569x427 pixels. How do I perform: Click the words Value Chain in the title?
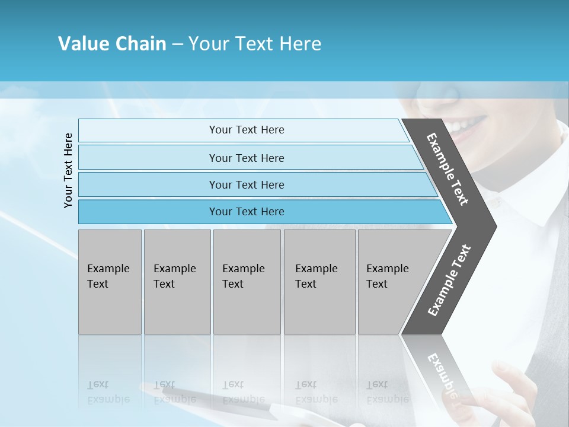pos(112,44)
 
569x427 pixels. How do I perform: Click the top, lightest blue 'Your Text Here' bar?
pos(247,130)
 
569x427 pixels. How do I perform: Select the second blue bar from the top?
pos(247,158)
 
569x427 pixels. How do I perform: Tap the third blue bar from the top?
pos(247,184)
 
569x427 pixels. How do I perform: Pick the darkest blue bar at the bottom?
pos(247,212)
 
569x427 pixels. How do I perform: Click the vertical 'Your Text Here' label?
pos(68,170)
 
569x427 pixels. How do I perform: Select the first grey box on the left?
pos(110,282)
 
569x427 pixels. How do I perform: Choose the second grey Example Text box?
pos(177,282)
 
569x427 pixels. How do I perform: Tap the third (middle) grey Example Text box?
pos(247,282)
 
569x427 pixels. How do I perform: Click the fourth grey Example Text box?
pos(319,282)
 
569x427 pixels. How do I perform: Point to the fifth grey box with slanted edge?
pos(391,282)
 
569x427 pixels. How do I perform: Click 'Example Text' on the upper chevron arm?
pos(447,169)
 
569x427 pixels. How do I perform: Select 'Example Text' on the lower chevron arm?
pos(449,281)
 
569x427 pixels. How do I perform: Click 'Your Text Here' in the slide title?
pos(255,44)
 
